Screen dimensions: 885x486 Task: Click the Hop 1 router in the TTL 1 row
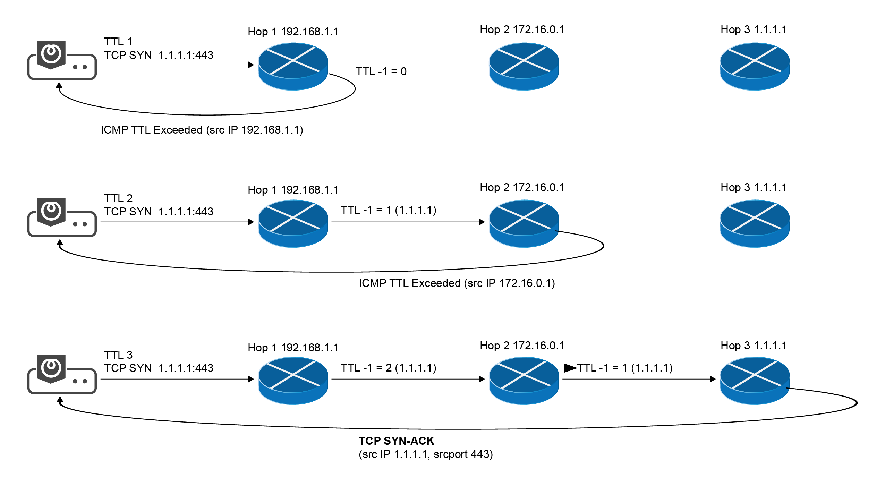[293, 66]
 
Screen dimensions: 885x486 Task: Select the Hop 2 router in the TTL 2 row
[524, 223]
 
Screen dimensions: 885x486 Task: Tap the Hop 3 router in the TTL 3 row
[755, 381]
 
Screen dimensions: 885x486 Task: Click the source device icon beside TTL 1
[62, 60]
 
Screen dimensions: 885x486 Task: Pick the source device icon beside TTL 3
[62, 374]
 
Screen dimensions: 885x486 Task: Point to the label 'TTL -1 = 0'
[381, 71]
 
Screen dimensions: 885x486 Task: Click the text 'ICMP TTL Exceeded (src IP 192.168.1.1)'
[202, 130]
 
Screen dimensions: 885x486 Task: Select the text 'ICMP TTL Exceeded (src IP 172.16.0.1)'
[457, 283]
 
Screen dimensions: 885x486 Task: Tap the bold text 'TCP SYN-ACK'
[397, 441]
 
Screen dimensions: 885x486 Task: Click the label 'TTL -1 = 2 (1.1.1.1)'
[389, 368]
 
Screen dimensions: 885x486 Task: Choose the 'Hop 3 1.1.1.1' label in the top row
[754, 29]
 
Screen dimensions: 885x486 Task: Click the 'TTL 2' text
[118, 198]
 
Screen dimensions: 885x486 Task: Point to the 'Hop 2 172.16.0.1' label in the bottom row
[522, 346]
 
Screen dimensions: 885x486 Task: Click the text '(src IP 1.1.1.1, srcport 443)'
[426, 454]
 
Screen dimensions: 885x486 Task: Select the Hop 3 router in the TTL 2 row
[755, 223]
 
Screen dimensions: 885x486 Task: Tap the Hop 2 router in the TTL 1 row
[524, 66]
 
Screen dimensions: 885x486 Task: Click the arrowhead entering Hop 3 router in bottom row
[713, 379]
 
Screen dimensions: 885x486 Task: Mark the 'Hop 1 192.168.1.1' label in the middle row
[293, 190]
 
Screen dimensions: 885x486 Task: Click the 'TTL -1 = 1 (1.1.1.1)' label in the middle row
[389, 210]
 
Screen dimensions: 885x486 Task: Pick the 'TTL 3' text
[118, 355]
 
